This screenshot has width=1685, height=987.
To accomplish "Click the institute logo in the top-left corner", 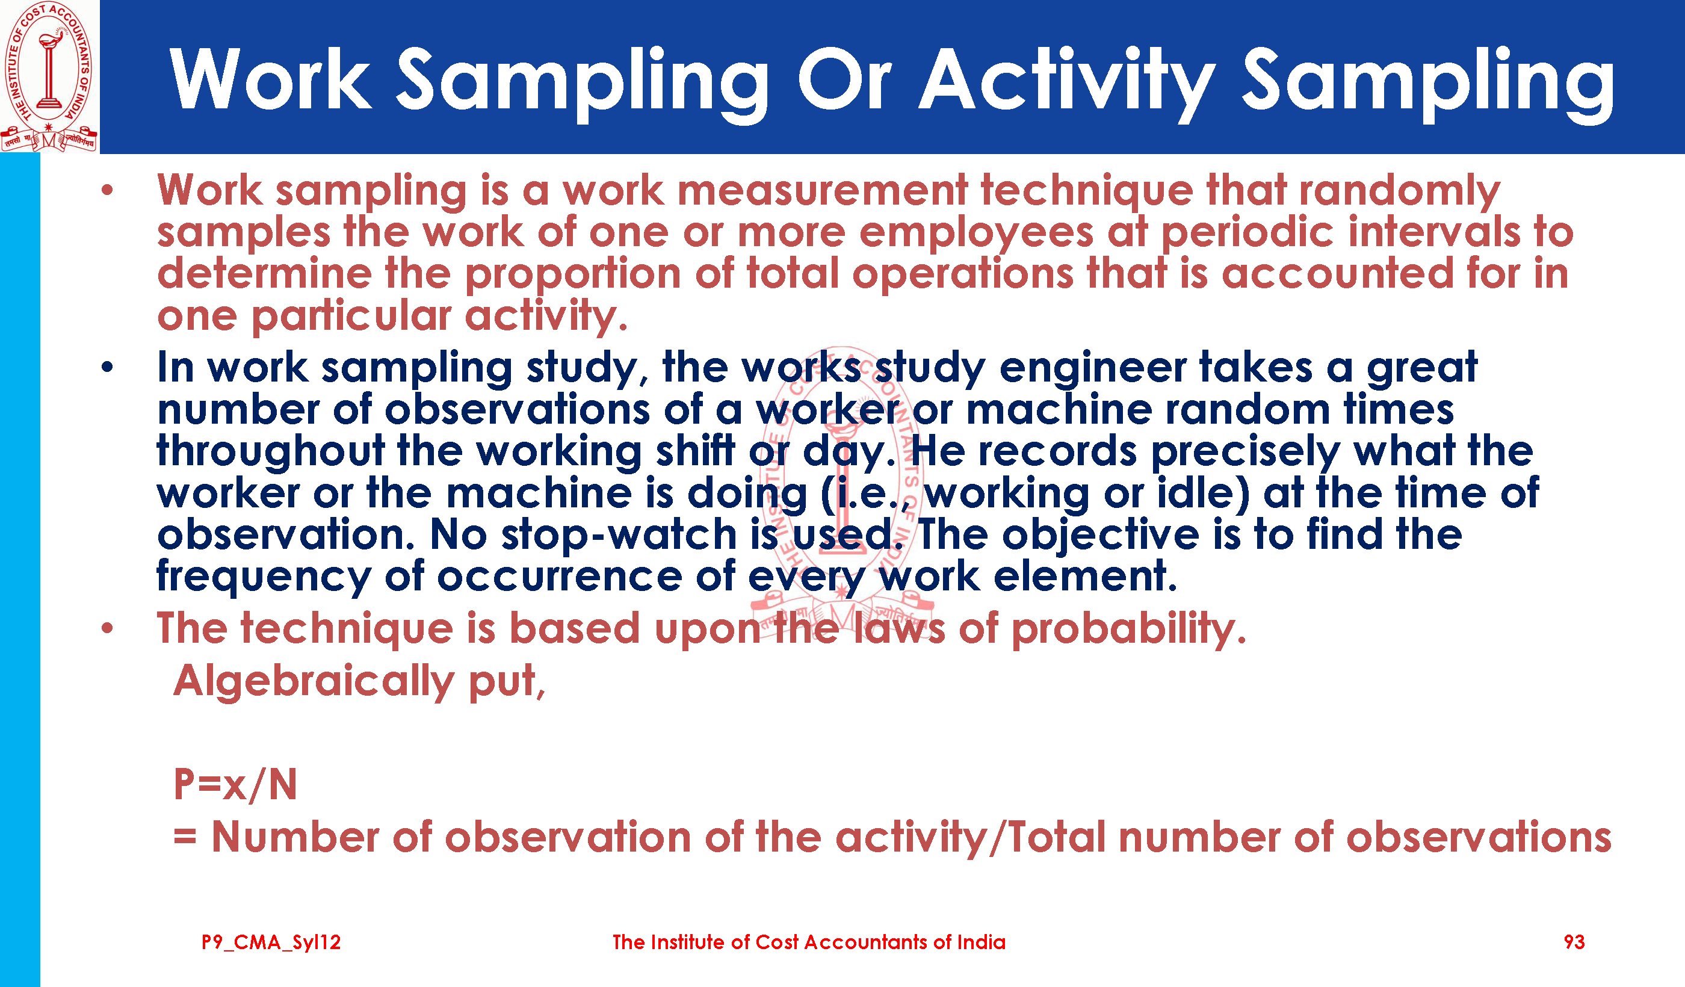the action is point(49,76).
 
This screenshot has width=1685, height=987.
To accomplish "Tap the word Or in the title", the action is point(844,79).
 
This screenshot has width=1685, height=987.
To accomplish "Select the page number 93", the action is point(1574,942).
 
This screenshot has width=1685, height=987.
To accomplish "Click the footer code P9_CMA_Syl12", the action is point(271,943).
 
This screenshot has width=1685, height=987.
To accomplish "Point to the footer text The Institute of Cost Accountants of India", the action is point(809,942).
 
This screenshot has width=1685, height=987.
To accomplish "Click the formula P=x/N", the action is point(235,784).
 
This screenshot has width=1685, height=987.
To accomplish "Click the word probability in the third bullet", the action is point(1129,630).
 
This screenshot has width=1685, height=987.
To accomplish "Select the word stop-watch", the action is point(619,535).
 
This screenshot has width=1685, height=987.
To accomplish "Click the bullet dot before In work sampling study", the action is point(108,367).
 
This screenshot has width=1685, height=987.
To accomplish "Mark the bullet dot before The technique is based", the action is point(108,628).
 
